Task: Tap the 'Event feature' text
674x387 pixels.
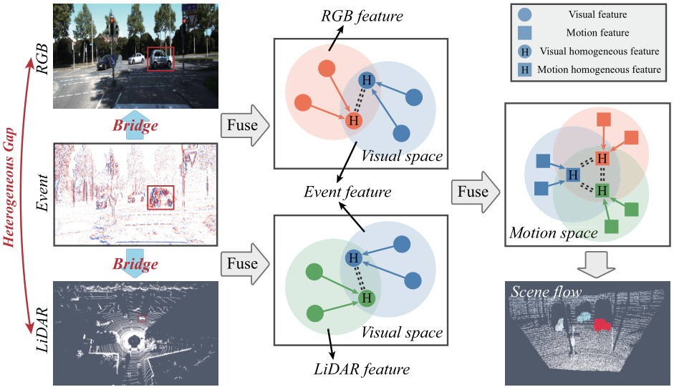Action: (347, 192)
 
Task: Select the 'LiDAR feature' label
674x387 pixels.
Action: (362, 369)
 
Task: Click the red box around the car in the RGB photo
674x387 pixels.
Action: (160, 59)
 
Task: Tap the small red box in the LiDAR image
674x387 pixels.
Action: (142, 317)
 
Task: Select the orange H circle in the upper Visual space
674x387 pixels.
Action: (353, 120)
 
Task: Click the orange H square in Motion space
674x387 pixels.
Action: (602, 157)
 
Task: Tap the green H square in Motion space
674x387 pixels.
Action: (602, 190)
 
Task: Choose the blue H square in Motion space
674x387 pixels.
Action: (572, 175)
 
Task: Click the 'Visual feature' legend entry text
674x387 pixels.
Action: (597, 14)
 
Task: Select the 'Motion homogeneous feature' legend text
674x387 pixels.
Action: (598, 69)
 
